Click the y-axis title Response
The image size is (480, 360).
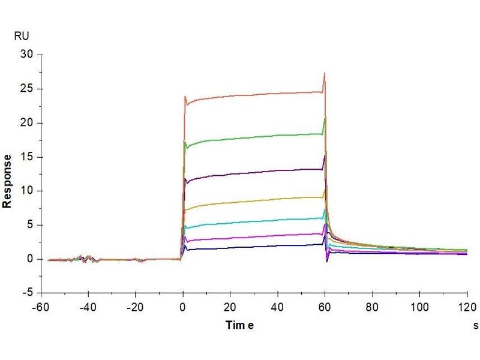click(7, 181)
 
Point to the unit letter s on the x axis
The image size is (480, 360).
click(475, 325)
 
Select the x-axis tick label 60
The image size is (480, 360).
click(325, 305)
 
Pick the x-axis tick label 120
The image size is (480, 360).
click(467, 305)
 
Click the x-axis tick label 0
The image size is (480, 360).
click(182, 305)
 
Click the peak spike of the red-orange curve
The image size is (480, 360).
click(325, 74)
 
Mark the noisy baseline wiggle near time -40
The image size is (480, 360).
click(88, 258)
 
